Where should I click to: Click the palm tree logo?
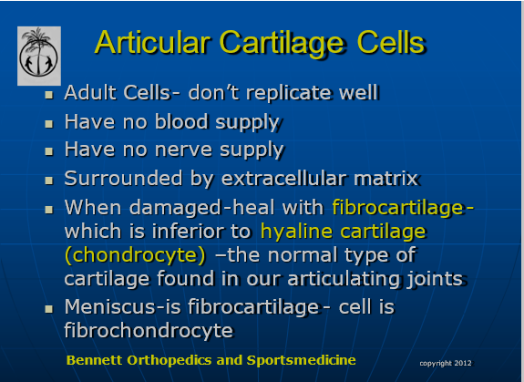(x=39, y=56)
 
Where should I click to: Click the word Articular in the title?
(x=152, y=43)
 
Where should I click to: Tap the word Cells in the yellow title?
(x=391, y=43)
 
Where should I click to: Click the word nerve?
(x=183, y=150)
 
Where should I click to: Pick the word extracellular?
(x=283, y=178)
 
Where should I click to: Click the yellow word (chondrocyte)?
(x=135, y=255)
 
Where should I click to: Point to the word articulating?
(x=344, y=279)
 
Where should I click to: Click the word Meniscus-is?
(x=123, y=306)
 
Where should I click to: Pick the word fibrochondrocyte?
(x=149, y=330)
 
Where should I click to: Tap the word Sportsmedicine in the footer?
(x=301, y=360)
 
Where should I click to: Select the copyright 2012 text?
(x=446, y=363)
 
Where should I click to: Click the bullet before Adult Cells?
(x=49, y=95)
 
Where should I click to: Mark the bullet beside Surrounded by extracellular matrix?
(x=49, y=181)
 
